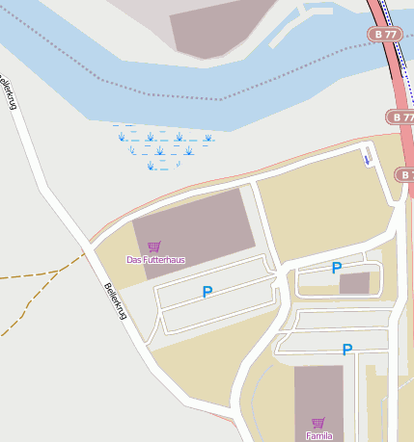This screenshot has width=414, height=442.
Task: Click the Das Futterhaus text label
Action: click(x=155, y=260)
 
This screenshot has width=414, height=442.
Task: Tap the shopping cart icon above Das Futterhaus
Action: click(x=154, y=247)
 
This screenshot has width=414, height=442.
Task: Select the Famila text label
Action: click(x=318, y=435)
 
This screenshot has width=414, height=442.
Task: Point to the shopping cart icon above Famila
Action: click(x=318, y=423)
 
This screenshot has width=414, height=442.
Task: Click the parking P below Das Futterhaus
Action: click(x=207, y=292)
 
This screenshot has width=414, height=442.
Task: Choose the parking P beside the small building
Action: click(x=336, y=268)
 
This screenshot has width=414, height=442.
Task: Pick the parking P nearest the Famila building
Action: click(x=346, y=350)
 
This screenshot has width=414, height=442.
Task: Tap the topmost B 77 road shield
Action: click(x=383, y=34)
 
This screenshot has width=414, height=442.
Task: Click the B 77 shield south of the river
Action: click(x=400, y=117)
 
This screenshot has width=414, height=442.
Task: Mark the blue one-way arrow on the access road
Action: click(x=367, y=157)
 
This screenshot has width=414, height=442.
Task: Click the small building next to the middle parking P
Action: click(x=354, y=282)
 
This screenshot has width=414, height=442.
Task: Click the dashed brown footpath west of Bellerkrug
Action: click(x=39, y=273)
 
